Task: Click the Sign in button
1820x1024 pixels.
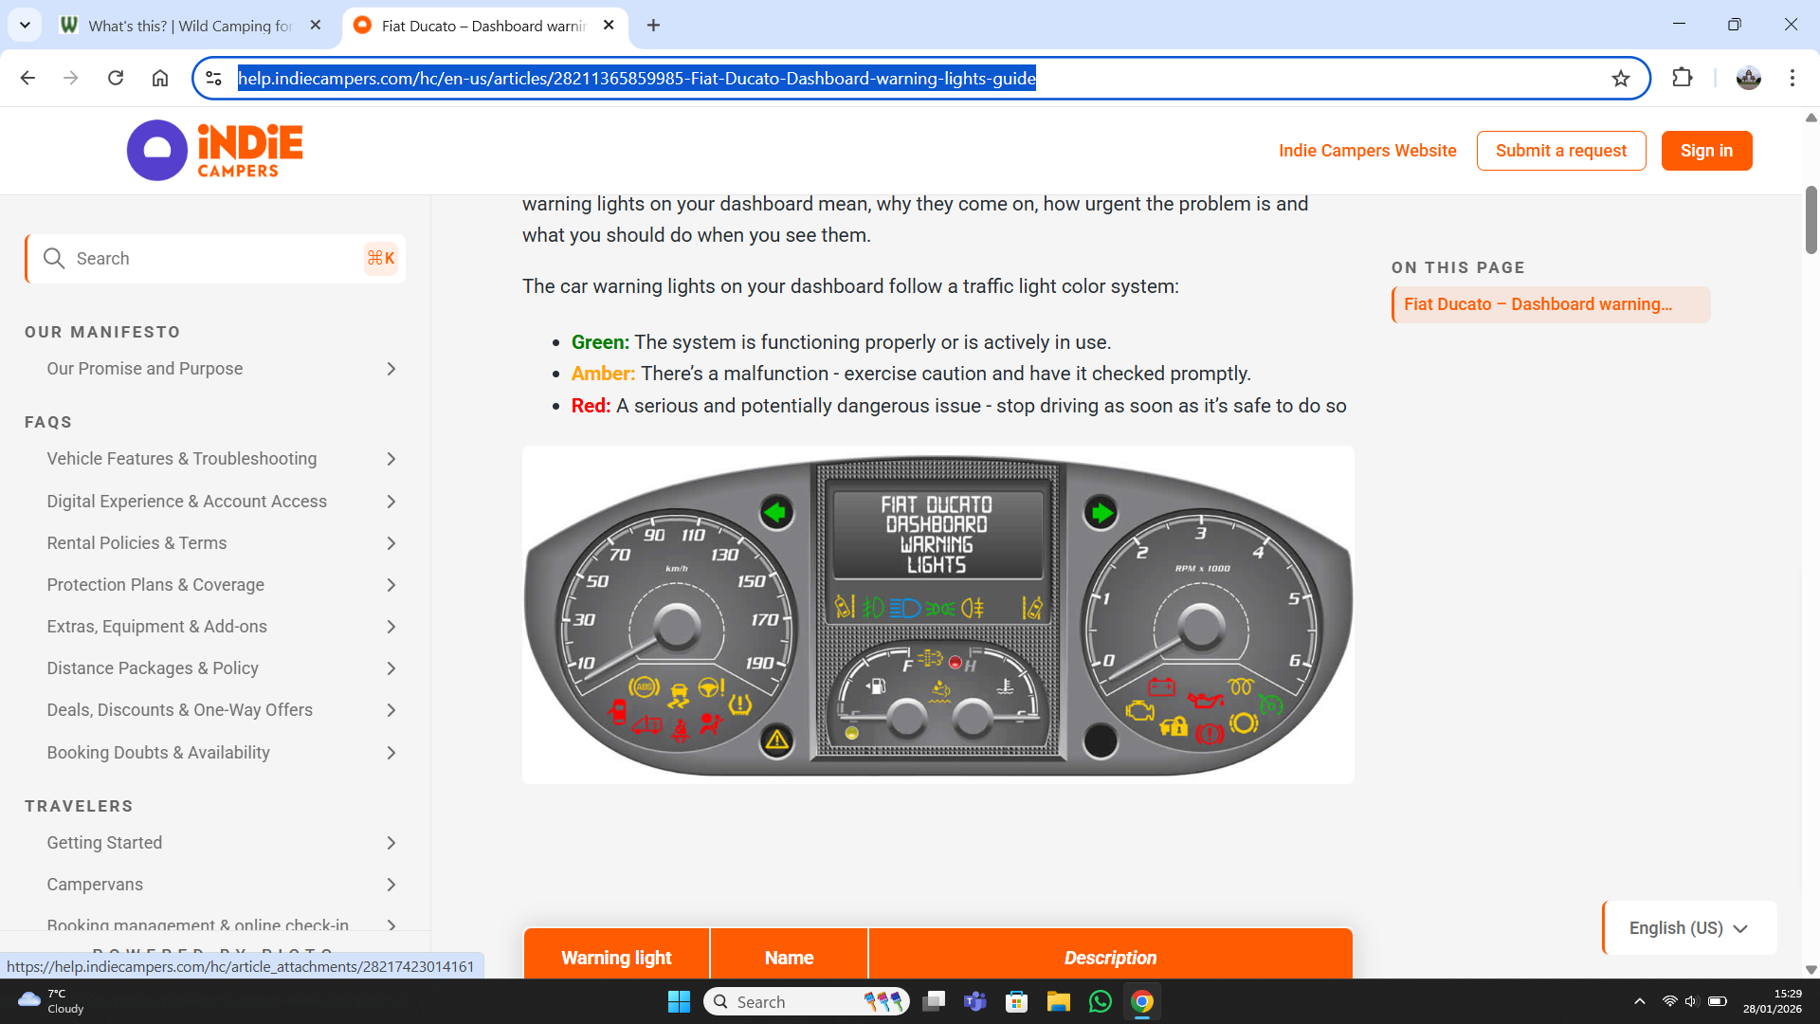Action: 1706,151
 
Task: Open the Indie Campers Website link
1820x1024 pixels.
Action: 1367,151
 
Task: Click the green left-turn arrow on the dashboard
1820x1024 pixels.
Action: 775,513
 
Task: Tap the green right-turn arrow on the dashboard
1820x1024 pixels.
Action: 1101,513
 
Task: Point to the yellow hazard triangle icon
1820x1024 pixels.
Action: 777,741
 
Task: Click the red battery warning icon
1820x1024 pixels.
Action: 1161,686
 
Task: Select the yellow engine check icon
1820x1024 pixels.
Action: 1139,710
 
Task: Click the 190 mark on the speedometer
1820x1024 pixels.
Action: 759,663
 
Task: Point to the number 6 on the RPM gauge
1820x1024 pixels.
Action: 1294,660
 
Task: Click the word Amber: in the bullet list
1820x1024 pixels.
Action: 603,374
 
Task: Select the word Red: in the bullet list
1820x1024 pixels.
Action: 591,406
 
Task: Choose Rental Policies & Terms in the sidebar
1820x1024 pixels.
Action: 136,543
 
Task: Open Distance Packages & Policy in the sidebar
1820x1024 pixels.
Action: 153,668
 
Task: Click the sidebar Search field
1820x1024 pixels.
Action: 215,259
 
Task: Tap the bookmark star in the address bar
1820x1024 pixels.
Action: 1621,79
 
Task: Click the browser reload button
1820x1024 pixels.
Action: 116,78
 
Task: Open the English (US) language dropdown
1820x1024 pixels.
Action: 1688,928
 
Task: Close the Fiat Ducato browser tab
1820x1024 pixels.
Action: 609,26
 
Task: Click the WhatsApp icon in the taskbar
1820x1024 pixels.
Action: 1100,1002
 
